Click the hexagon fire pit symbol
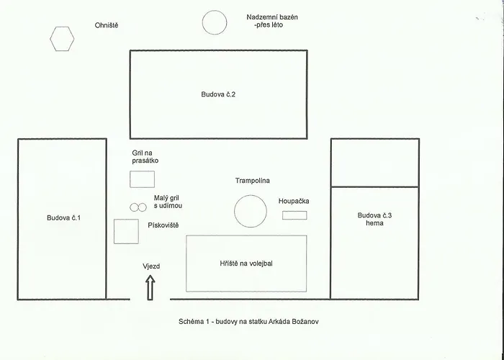point(50,39)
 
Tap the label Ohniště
point(107,25)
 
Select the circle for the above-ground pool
point(202,22)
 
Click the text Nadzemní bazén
point(272,17)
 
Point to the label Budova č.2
point(218,94)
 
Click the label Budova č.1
point(63,218)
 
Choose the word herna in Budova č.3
point(374,223)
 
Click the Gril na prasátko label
point(145,156)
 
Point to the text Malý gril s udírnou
point(168,202)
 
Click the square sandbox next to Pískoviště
point(114,231)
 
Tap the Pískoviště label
point(163,225)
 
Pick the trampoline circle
point(235,211)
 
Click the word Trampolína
point(252,181)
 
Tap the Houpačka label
point(294,201)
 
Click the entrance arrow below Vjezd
point(150,288)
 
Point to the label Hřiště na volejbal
point(246,264)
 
